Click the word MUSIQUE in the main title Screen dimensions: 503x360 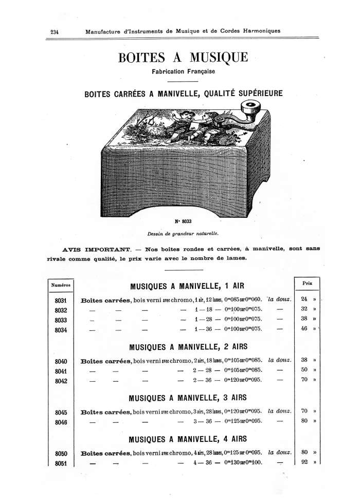click(x=212, y=57)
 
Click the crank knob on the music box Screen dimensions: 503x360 click(x=251, y=109)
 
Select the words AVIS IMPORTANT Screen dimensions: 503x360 click(x=92, y=249)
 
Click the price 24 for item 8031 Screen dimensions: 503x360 click(x=303, y=300)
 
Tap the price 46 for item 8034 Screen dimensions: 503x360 click(x=303, y=329)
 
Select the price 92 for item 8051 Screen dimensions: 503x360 click(x=303, y=462)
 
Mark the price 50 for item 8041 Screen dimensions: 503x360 click(x=303, y=370)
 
